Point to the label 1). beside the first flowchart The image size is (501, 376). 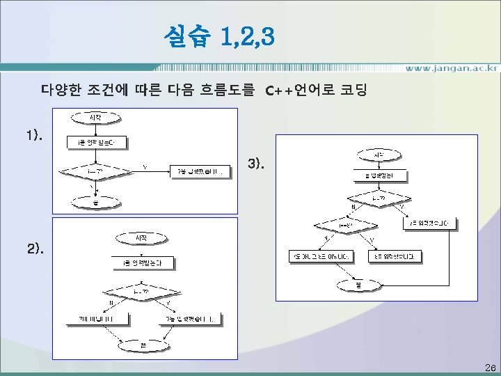pyautogui.click(x=35, y=136)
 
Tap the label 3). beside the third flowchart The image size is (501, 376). pyautogui.click(x=256, y=165)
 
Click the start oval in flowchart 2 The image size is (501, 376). pyautogui.click(x=141, y=238)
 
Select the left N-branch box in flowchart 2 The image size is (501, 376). pyautogui.click(x=99, y=319)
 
